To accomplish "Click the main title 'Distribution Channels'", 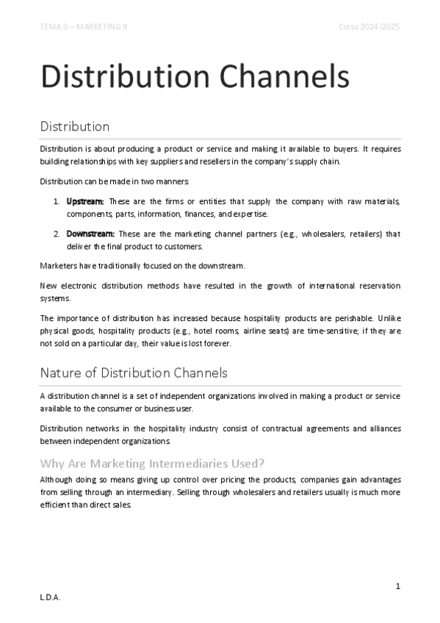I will click(194, 77).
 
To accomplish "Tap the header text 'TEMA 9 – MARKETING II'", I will click(84, 27).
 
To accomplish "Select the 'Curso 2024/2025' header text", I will click(369, 27).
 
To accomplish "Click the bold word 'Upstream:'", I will click(85, 201).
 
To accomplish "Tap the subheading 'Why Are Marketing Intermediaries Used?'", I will click(153, 463).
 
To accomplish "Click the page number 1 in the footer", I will click(397, 585).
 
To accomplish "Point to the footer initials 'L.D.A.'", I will click(50, 598).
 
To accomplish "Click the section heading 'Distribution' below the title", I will click(75, 126).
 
